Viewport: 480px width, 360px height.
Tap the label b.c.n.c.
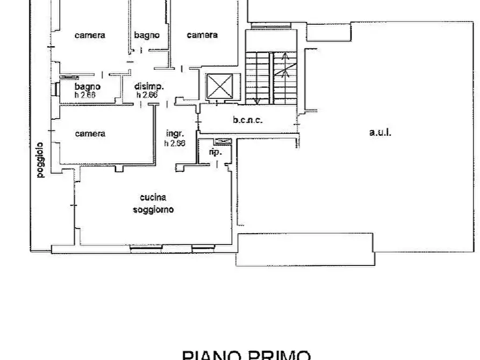[x=248, y=120]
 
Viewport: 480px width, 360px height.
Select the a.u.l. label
[x=380, y=133]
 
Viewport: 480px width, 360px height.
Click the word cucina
[x=153, y=197]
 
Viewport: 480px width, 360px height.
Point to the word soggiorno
[x=153, y=210]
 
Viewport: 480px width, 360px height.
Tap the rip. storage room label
[x=215, y=152]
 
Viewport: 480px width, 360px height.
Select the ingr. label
[x=175, y=134]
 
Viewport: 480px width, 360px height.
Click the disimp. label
[x=149, y=87]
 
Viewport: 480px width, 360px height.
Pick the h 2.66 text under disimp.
[x=147, y=95]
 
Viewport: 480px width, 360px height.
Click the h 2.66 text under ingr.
[x=175, y=143]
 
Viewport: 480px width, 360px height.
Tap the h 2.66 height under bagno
[x=85, y=95]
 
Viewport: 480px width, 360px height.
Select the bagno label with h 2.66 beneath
[x=87, y=87]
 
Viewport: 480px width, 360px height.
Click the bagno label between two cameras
[x=147, y=35]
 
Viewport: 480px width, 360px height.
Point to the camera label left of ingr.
[x=90, y=134]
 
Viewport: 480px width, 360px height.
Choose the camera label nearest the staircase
[x=202, y=35]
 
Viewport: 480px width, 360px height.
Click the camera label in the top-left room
[x=90, y=35]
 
